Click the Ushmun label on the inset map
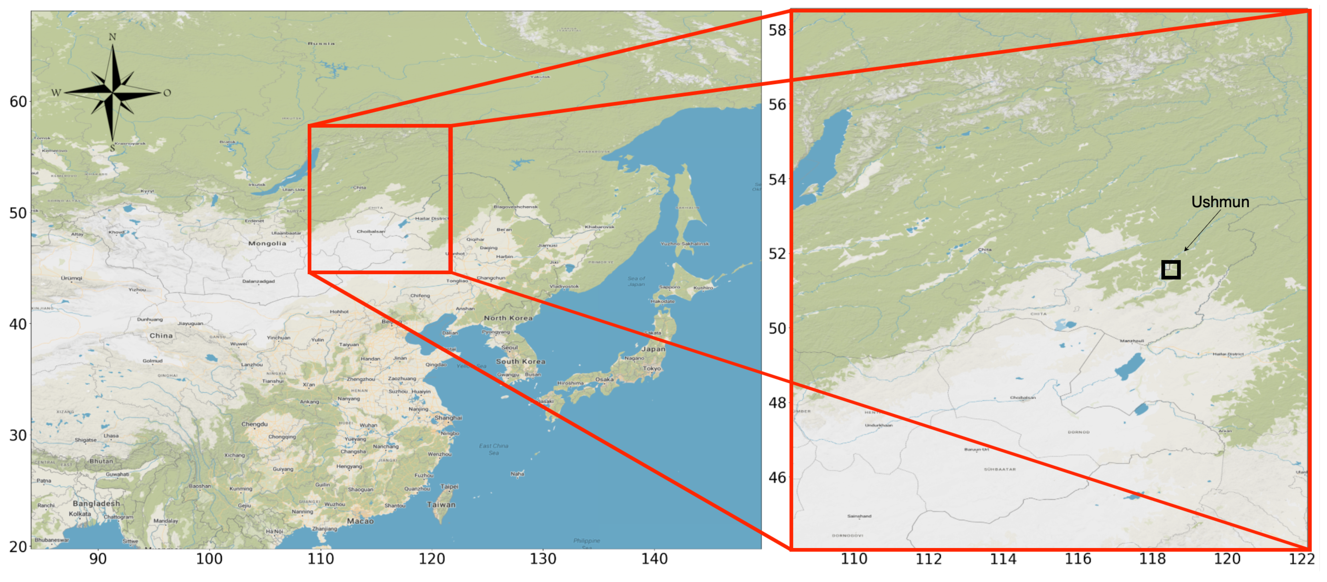click(x=1219, y=202)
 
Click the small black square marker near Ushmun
click(x=1170, y=269)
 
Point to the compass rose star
click(x=112, y=93)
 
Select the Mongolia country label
click(x=267, y=243)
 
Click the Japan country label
click(x=653, y=349)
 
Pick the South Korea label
click(x=520, y=362)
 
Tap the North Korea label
click(x=508, y=318)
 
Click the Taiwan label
click(x=441, y=505)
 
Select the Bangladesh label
click(x=96, y=503)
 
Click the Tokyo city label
click(x=652, y=369)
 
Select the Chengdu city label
click(x=255, y=424)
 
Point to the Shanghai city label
click(x=448, y=418)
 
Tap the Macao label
click(x=360, y=521)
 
